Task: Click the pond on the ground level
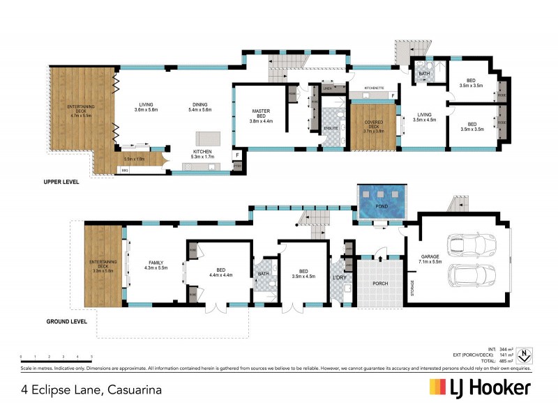point(382,202)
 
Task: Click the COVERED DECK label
point(373,125)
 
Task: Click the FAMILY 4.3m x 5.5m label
point(156,265)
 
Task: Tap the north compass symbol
point(528,355)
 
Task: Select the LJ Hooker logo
point(480,388)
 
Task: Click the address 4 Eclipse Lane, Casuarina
point(92,389)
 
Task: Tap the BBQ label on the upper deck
point(125,170)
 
